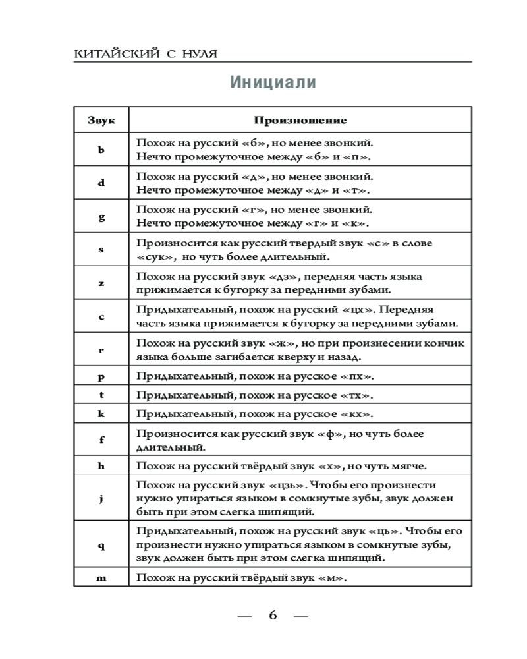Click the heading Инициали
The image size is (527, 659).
click(273, 83)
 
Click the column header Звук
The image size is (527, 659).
click(101, 120)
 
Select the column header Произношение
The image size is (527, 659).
click(300, 120)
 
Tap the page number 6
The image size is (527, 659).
click(273, 616)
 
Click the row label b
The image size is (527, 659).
click(101, 150)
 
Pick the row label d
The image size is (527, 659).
click(101, 183)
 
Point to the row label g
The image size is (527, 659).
click(101, 217)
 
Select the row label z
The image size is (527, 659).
click(101, 283)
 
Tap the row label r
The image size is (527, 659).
click(101, 350)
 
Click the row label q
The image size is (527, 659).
click(101, 545)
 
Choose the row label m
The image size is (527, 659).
click(101, 578)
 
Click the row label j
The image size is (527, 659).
click(101, 499)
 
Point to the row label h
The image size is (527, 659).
click(101, 466)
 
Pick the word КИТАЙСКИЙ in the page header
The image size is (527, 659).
click(115, 53)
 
